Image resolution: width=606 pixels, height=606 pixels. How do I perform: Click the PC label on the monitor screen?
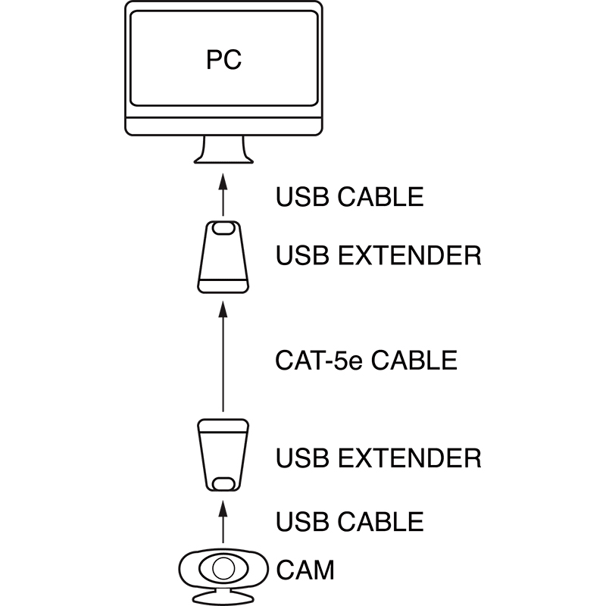pyautogui.click(x=223, y=60)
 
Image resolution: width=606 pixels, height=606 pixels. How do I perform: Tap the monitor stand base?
pyautogui.click(x=223, y=156)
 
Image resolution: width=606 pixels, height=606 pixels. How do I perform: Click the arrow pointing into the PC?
pyautogui.click(x=223, y=193)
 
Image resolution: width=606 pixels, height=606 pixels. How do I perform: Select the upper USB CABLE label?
pyautogui.click(x=349, y=197)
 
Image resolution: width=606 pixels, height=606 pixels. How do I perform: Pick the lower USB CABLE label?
pyautogui.click(x=349, y=521)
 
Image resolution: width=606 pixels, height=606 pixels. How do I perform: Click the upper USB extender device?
pyautogui.click(x=223, y=258)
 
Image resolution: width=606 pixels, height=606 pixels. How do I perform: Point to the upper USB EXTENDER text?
pyautogui.click(x=378, y=256)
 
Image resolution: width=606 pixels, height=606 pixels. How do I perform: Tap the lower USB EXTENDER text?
pyautogui.click(x=378, y=458)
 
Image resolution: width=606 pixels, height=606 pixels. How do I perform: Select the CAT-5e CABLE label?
pyautogui.click(x=366, y=359)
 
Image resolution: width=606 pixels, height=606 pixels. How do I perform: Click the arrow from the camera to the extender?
pyautogui.click(x=223, y=523)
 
